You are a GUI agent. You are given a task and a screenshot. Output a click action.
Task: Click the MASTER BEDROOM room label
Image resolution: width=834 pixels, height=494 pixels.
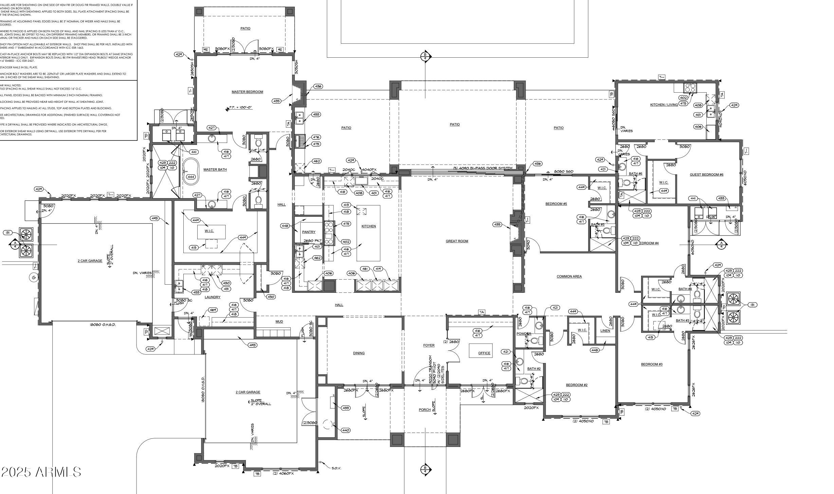coord(247,92)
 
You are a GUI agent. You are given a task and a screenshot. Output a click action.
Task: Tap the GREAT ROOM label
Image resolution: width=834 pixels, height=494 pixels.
coord(457,241)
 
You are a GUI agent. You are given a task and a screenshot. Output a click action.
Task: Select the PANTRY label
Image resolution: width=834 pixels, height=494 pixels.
coord(309,232)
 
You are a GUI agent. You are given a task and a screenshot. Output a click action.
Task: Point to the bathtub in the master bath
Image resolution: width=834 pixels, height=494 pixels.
coord(190,170)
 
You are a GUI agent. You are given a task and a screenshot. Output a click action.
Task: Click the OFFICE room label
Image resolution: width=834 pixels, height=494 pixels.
coord(484,353)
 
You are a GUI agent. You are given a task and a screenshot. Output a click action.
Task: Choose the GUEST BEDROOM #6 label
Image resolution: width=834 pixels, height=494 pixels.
coord(706,175)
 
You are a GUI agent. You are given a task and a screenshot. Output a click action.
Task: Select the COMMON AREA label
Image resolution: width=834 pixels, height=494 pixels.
coord(569,277)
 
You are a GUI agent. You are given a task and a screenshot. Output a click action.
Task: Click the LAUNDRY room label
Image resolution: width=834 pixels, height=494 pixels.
coord(213,297)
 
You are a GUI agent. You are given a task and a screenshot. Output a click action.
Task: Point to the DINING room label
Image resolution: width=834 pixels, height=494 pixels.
coord(359,353)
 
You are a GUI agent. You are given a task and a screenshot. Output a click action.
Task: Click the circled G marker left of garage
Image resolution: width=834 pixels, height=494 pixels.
coord(33,278)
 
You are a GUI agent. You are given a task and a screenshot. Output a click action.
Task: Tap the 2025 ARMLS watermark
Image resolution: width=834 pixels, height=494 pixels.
coord(41,472)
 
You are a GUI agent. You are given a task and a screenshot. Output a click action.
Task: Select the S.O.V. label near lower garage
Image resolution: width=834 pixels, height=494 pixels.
coord(336,468)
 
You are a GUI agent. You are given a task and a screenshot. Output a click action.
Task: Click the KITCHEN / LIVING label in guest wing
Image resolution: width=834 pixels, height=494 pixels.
coord(664,105)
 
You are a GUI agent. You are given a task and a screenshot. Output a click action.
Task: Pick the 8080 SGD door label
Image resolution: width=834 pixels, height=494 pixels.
coord(563,172)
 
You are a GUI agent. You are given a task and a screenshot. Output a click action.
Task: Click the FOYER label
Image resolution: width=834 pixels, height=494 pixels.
coord(429,345)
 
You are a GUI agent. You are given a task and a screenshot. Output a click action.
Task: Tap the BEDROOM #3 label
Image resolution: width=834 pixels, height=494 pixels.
coord(652,364)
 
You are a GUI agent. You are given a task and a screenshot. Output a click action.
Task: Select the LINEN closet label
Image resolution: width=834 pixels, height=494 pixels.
coord(605,330)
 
